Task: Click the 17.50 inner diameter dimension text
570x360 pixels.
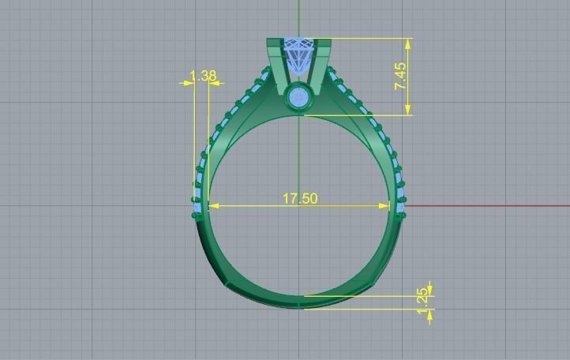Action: (x=300, y=198)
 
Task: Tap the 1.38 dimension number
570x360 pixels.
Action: (x=203, y=77)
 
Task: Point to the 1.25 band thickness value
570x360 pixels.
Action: (x=423, y=296)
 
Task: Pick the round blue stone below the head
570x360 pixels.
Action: (x=300, y=98)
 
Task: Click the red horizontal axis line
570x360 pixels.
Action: (x=489, y=205)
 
